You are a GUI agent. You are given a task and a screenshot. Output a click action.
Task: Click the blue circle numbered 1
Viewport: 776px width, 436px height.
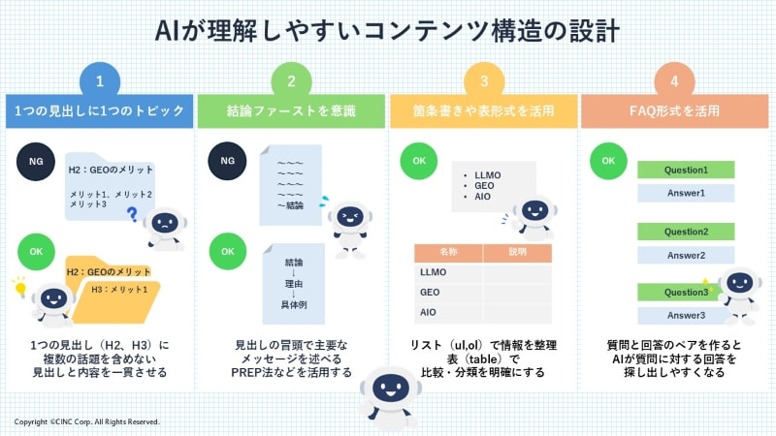click(101, 81)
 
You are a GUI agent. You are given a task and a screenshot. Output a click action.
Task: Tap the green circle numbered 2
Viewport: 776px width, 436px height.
click(292, 81)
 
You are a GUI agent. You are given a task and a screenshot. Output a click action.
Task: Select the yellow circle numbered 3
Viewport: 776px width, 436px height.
click(484, 81)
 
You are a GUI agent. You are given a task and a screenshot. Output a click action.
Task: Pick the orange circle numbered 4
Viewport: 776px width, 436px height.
click(675, 81)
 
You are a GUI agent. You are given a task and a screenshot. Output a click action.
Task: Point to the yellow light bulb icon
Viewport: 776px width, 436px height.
click(17, 285)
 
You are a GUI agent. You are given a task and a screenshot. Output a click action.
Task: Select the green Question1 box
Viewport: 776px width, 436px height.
click(686, 170)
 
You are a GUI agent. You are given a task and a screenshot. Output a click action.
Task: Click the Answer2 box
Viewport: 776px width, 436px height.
click(686, 255)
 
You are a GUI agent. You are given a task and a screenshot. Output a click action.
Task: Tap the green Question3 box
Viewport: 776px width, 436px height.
click(684, 292)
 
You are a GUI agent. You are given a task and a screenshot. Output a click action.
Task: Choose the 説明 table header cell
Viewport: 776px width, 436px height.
click(517, 252)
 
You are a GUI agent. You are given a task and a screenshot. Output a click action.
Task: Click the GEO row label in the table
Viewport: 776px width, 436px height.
click(431, 292)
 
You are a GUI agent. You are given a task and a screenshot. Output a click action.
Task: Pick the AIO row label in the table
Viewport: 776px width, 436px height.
click(430, 312)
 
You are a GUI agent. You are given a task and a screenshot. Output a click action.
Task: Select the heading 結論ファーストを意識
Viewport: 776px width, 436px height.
click(292, 112)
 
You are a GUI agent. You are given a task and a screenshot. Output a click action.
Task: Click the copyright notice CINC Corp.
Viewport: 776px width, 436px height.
click(86, 422)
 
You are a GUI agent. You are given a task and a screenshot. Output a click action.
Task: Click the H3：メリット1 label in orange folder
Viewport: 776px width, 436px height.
click(118, 288)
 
